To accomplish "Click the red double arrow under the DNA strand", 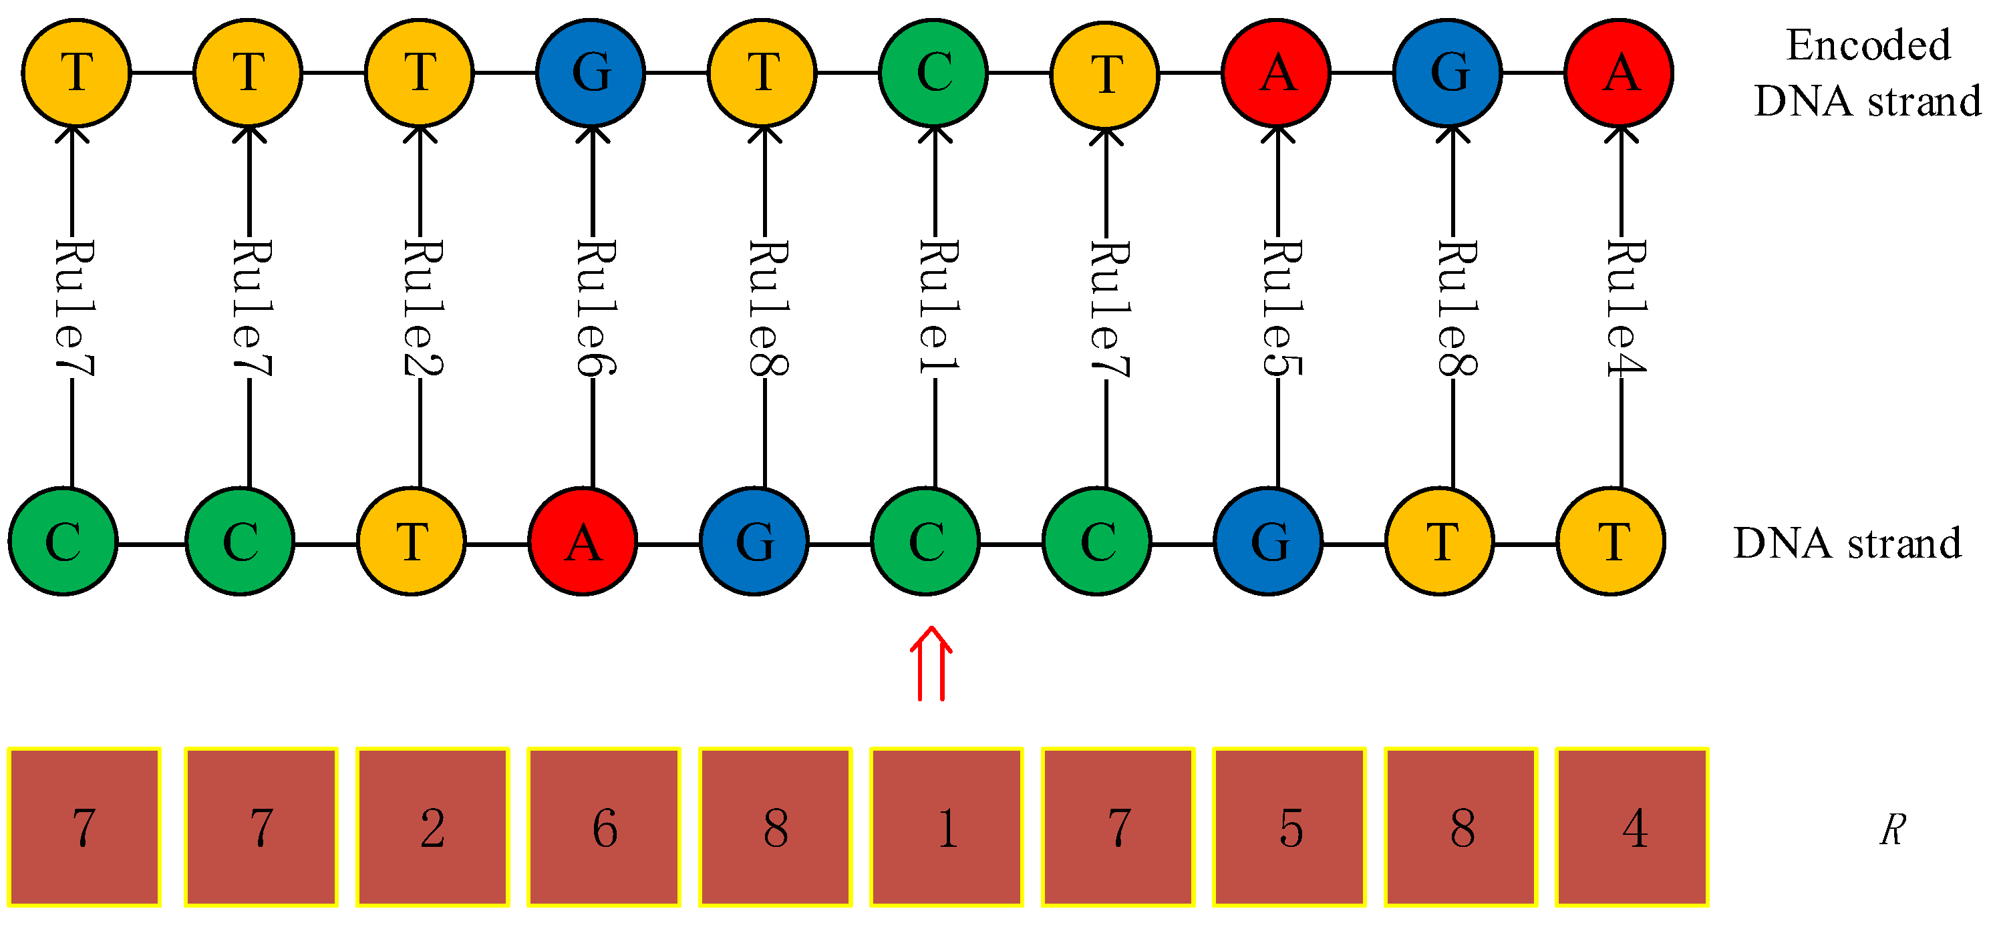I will (930, 665).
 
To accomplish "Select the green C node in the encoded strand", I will (933, 73).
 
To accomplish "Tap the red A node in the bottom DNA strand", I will (583, 542).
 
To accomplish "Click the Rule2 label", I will (422, 309).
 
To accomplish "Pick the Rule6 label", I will (595, 309).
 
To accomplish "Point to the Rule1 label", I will (937, 309).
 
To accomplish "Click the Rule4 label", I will (1625, 309).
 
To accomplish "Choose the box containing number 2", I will (432, 826).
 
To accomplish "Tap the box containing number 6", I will (604, 826).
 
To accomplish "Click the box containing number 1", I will (946, 826).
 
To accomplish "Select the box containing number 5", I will (1289, 826).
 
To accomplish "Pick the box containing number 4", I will (1633, 826).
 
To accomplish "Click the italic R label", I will (1892, 830).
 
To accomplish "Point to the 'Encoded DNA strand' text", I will (1867, 73).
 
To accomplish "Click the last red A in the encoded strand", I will (1620, 73).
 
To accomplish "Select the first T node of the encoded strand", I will (76, 73).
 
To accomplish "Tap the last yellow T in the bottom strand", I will (1612, 542).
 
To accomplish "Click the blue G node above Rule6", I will (591, 73).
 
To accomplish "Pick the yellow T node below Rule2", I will (412, 542).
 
